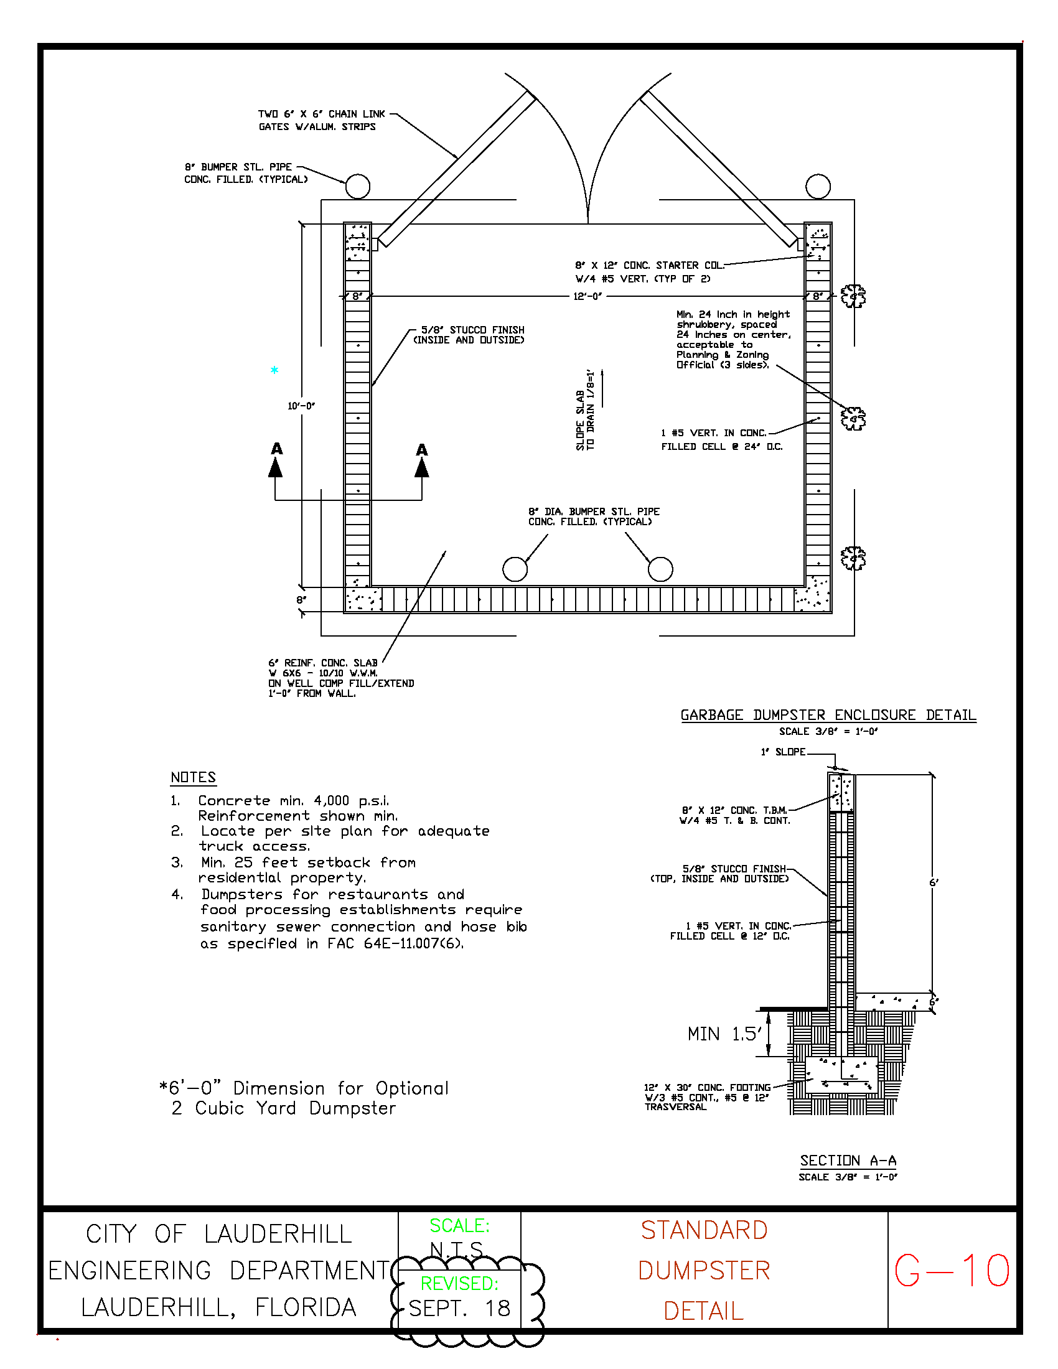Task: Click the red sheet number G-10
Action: pos(952,1271)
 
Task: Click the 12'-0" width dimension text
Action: pos(588,296)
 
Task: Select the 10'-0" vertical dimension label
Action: pos(301,406)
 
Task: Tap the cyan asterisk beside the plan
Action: pos(274,370)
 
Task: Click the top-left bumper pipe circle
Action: pos(357,186)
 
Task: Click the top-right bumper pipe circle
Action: pos(818,186)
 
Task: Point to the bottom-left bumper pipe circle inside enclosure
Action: pos(515,569)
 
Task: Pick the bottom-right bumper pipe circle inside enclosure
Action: pos(660,569)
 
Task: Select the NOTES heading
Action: pos(193,777)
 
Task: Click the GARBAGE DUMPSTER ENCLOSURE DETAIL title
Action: pos(828,715)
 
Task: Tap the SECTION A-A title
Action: pos(848,1161)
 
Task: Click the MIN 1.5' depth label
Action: pos(724,1034)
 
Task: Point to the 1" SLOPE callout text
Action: pos(783,752)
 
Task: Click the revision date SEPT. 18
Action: pos(459,1308)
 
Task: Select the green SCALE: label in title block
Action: pos(459,1225)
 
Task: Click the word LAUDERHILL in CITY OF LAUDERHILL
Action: pos(278,1234)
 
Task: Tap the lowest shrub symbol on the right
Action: pos(853,558)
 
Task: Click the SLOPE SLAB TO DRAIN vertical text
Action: pos(585,411)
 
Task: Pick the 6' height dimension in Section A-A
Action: pos(934,882)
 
